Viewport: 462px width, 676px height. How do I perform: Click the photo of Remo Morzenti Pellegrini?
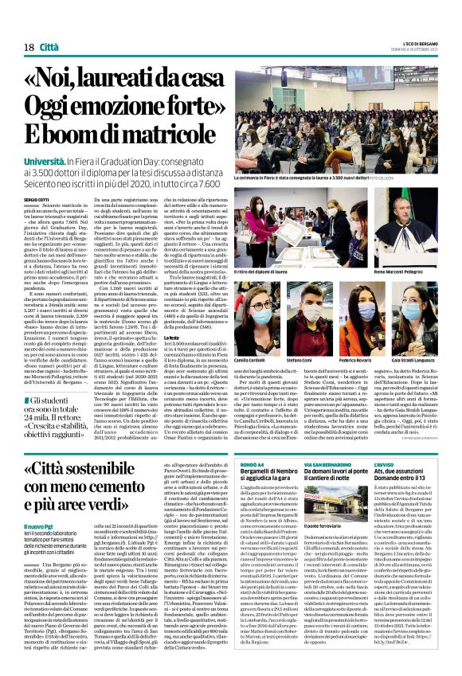click(x=409, y=230)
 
